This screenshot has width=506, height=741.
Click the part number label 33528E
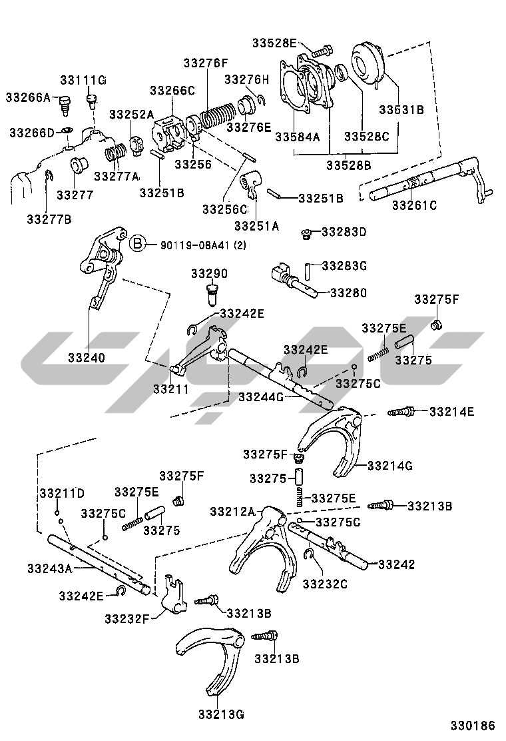tap(274, 43)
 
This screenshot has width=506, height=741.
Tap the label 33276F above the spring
tap(206, 63)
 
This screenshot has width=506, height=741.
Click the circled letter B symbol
tap(136, 244)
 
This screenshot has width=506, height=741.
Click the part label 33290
tap(209, 274)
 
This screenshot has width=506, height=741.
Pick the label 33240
tap(86, 358)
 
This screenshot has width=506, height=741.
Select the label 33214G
tap(391, 465)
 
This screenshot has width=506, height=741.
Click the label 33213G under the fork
tap(220, 715)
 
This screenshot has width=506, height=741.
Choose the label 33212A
tap(232, 511)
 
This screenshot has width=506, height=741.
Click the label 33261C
tap(414, 205)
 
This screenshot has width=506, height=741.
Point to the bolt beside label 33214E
tap(401, 412)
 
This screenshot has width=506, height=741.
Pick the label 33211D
tap(62, 493)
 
